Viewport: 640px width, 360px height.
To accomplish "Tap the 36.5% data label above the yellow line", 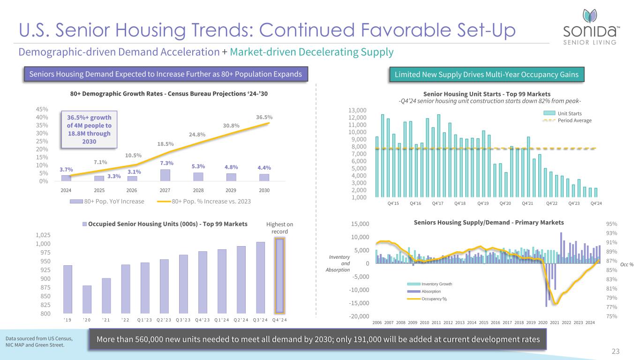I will [264, 117].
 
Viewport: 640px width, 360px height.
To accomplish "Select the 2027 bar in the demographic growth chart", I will [165, 175].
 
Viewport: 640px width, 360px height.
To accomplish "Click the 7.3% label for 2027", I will [167, 163].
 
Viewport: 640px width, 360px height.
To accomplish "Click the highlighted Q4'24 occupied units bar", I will [280, 276].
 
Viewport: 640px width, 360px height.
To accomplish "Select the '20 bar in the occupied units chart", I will [87, 299].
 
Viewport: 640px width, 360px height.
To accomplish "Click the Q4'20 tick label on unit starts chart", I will [505, 203].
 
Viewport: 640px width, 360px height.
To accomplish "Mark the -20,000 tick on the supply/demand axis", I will [360, 316].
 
